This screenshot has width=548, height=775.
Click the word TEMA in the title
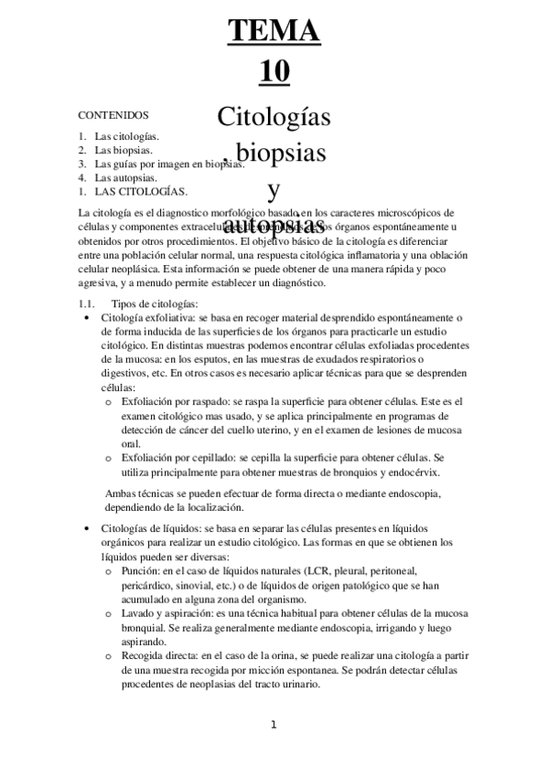pos(274,31)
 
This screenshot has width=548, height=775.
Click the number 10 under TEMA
pos(274,71)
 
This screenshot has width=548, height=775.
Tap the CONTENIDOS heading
pos(113,116)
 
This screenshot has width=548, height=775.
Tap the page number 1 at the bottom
pos(273,726)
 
